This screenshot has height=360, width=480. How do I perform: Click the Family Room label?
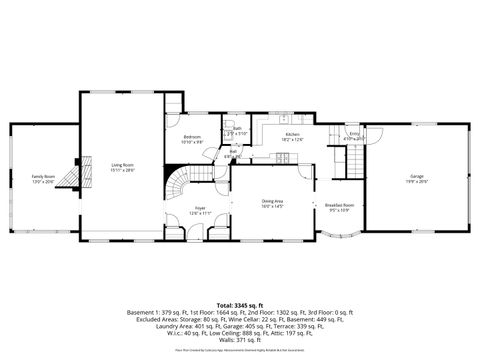42,176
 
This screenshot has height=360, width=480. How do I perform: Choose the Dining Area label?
272,201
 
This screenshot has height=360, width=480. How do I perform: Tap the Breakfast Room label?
342,204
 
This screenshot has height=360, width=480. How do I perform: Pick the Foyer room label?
200,208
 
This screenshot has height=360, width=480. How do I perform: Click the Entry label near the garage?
354,133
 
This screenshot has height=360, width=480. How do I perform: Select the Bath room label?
238,128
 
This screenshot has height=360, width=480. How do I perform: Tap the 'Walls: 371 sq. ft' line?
240,342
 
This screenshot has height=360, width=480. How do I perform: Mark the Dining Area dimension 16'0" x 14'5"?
272,207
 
